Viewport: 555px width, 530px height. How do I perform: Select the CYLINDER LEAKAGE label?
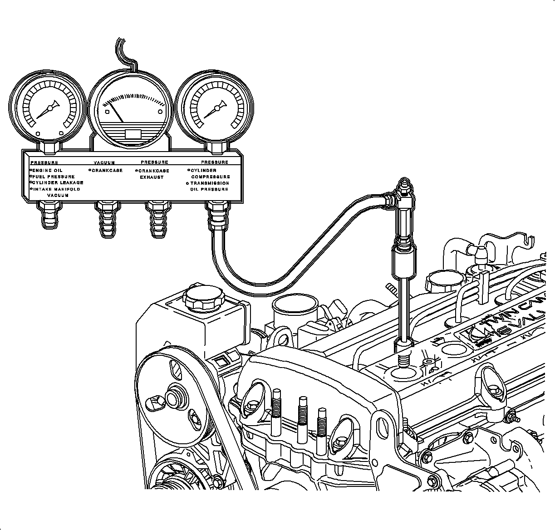[x=58, y=182]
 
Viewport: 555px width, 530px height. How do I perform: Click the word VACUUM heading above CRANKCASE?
[x=104, y=162]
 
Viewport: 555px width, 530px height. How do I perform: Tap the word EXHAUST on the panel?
[x=152, y=177]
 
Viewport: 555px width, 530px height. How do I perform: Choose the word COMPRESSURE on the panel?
[x=210, y=177]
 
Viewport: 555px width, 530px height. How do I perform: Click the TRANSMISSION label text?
[x=210, y=183]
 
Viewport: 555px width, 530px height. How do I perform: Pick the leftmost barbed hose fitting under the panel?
[x=49, y=216]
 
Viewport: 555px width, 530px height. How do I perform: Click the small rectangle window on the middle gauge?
[x=133, y=134]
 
